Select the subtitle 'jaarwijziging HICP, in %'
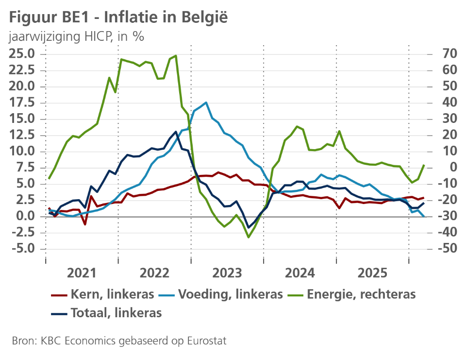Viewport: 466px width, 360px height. click(x=76, y=36)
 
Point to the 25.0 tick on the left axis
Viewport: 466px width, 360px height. click(x=22, y=53)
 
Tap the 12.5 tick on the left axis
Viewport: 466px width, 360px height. click(x=22, y=119)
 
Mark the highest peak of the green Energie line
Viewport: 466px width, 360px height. click(x=176, y=55)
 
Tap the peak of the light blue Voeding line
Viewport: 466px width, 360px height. click(x=206, y=103)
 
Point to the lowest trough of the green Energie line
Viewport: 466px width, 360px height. click(x=249, y=237)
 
